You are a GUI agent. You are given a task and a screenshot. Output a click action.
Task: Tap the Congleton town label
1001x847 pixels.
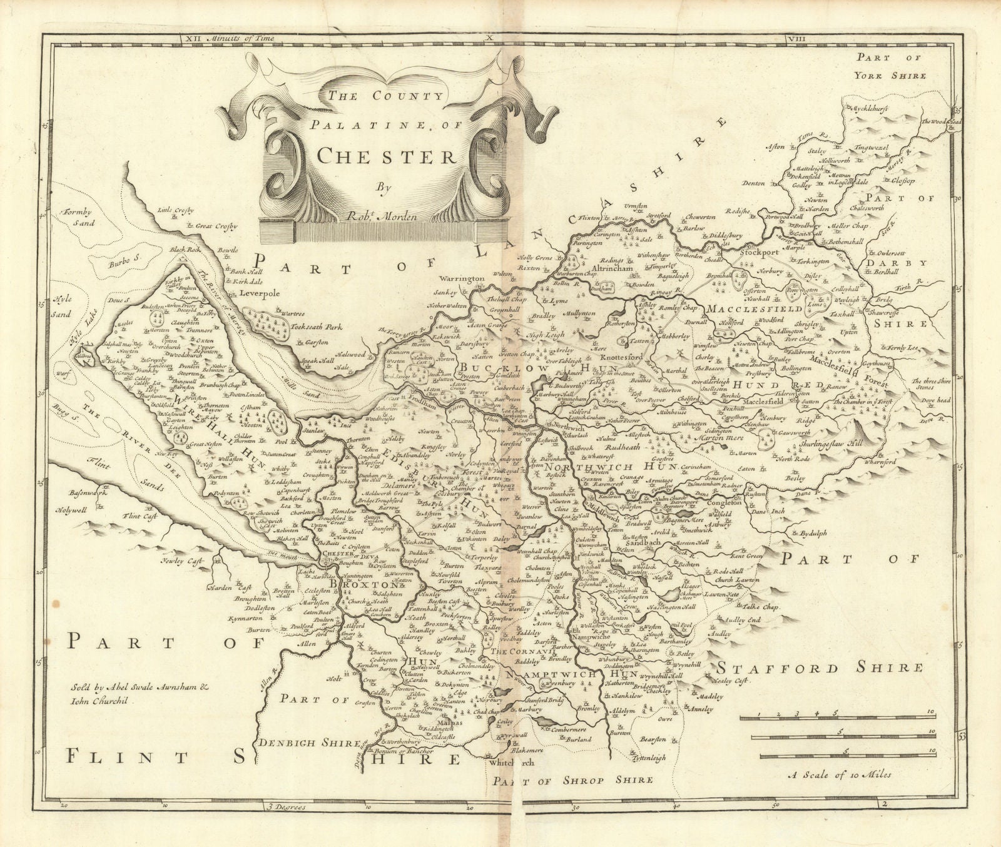[x=724, y=503]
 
